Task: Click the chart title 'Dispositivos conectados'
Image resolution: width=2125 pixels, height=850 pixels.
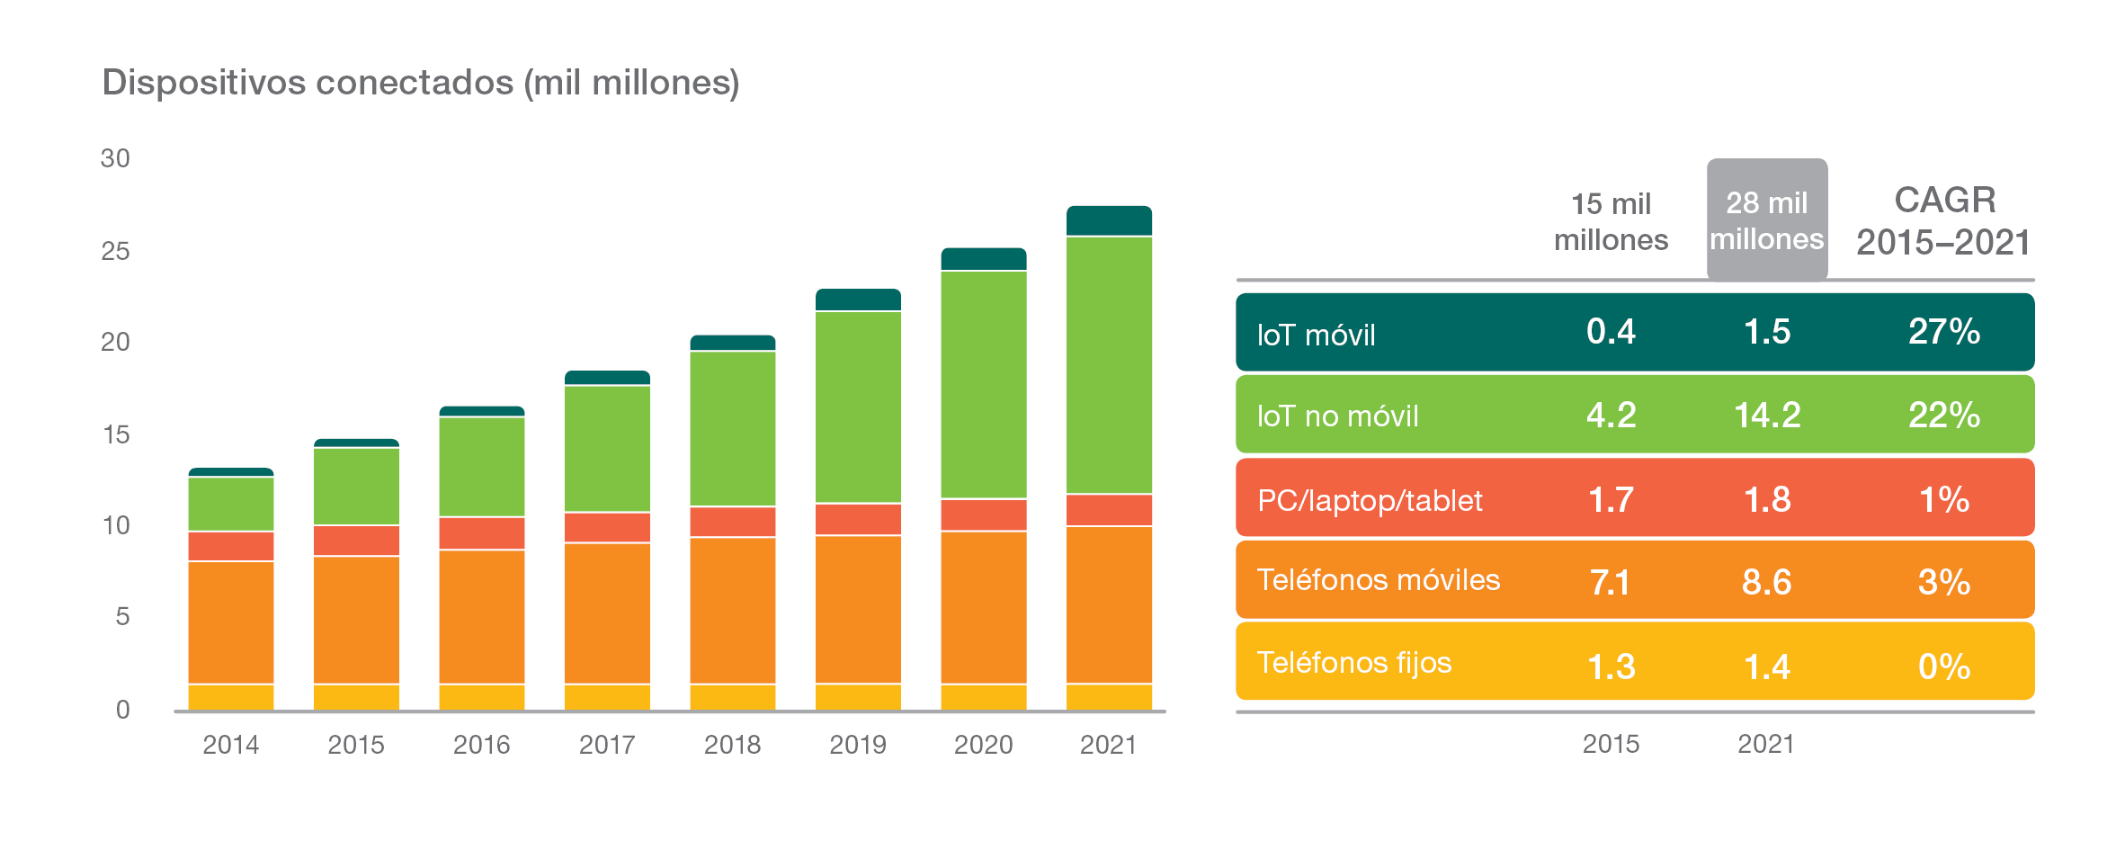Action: point(420,83)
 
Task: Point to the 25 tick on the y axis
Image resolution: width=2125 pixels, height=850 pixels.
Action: point(116,251)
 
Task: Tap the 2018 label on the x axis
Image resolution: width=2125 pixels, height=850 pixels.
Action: point(732,745)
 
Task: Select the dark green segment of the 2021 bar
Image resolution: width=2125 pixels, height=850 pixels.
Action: point(1109,221)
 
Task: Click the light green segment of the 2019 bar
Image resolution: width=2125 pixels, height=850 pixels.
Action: point(858,407)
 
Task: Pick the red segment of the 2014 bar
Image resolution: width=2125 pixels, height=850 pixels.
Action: point(231,546)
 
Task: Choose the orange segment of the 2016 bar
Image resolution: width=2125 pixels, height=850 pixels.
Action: point(482,616)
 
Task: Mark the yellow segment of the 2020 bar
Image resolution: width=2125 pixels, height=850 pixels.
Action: point(984,697)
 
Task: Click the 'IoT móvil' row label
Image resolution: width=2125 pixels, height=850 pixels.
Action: point(1316,335)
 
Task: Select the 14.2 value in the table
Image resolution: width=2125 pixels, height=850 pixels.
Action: point(1767,415)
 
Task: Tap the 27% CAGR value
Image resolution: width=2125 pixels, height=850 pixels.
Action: point(1944,332)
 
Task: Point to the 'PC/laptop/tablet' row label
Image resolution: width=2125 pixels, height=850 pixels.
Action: point(1370,500)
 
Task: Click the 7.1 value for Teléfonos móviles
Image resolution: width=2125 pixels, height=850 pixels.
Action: point(1610,582)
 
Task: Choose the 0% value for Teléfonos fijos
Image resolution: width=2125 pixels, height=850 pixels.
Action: point(1944,667)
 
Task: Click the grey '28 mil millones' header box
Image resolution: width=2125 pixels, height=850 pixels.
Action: point(1767,220)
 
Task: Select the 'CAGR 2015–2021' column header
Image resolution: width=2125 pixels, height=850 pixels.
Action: point(1944,221)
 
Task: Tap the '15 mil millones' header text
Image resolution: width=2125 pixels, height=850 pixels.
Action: point(1611,221)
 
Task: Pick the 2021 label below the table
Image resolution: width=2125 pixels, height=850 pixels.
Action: point(1766,744)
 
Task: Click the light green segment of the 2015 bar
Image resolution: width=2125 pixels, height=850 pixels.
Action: point(356,486)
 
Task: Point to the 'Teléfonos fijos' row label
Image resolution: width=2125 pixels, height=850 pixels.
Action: point(1353,663)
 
